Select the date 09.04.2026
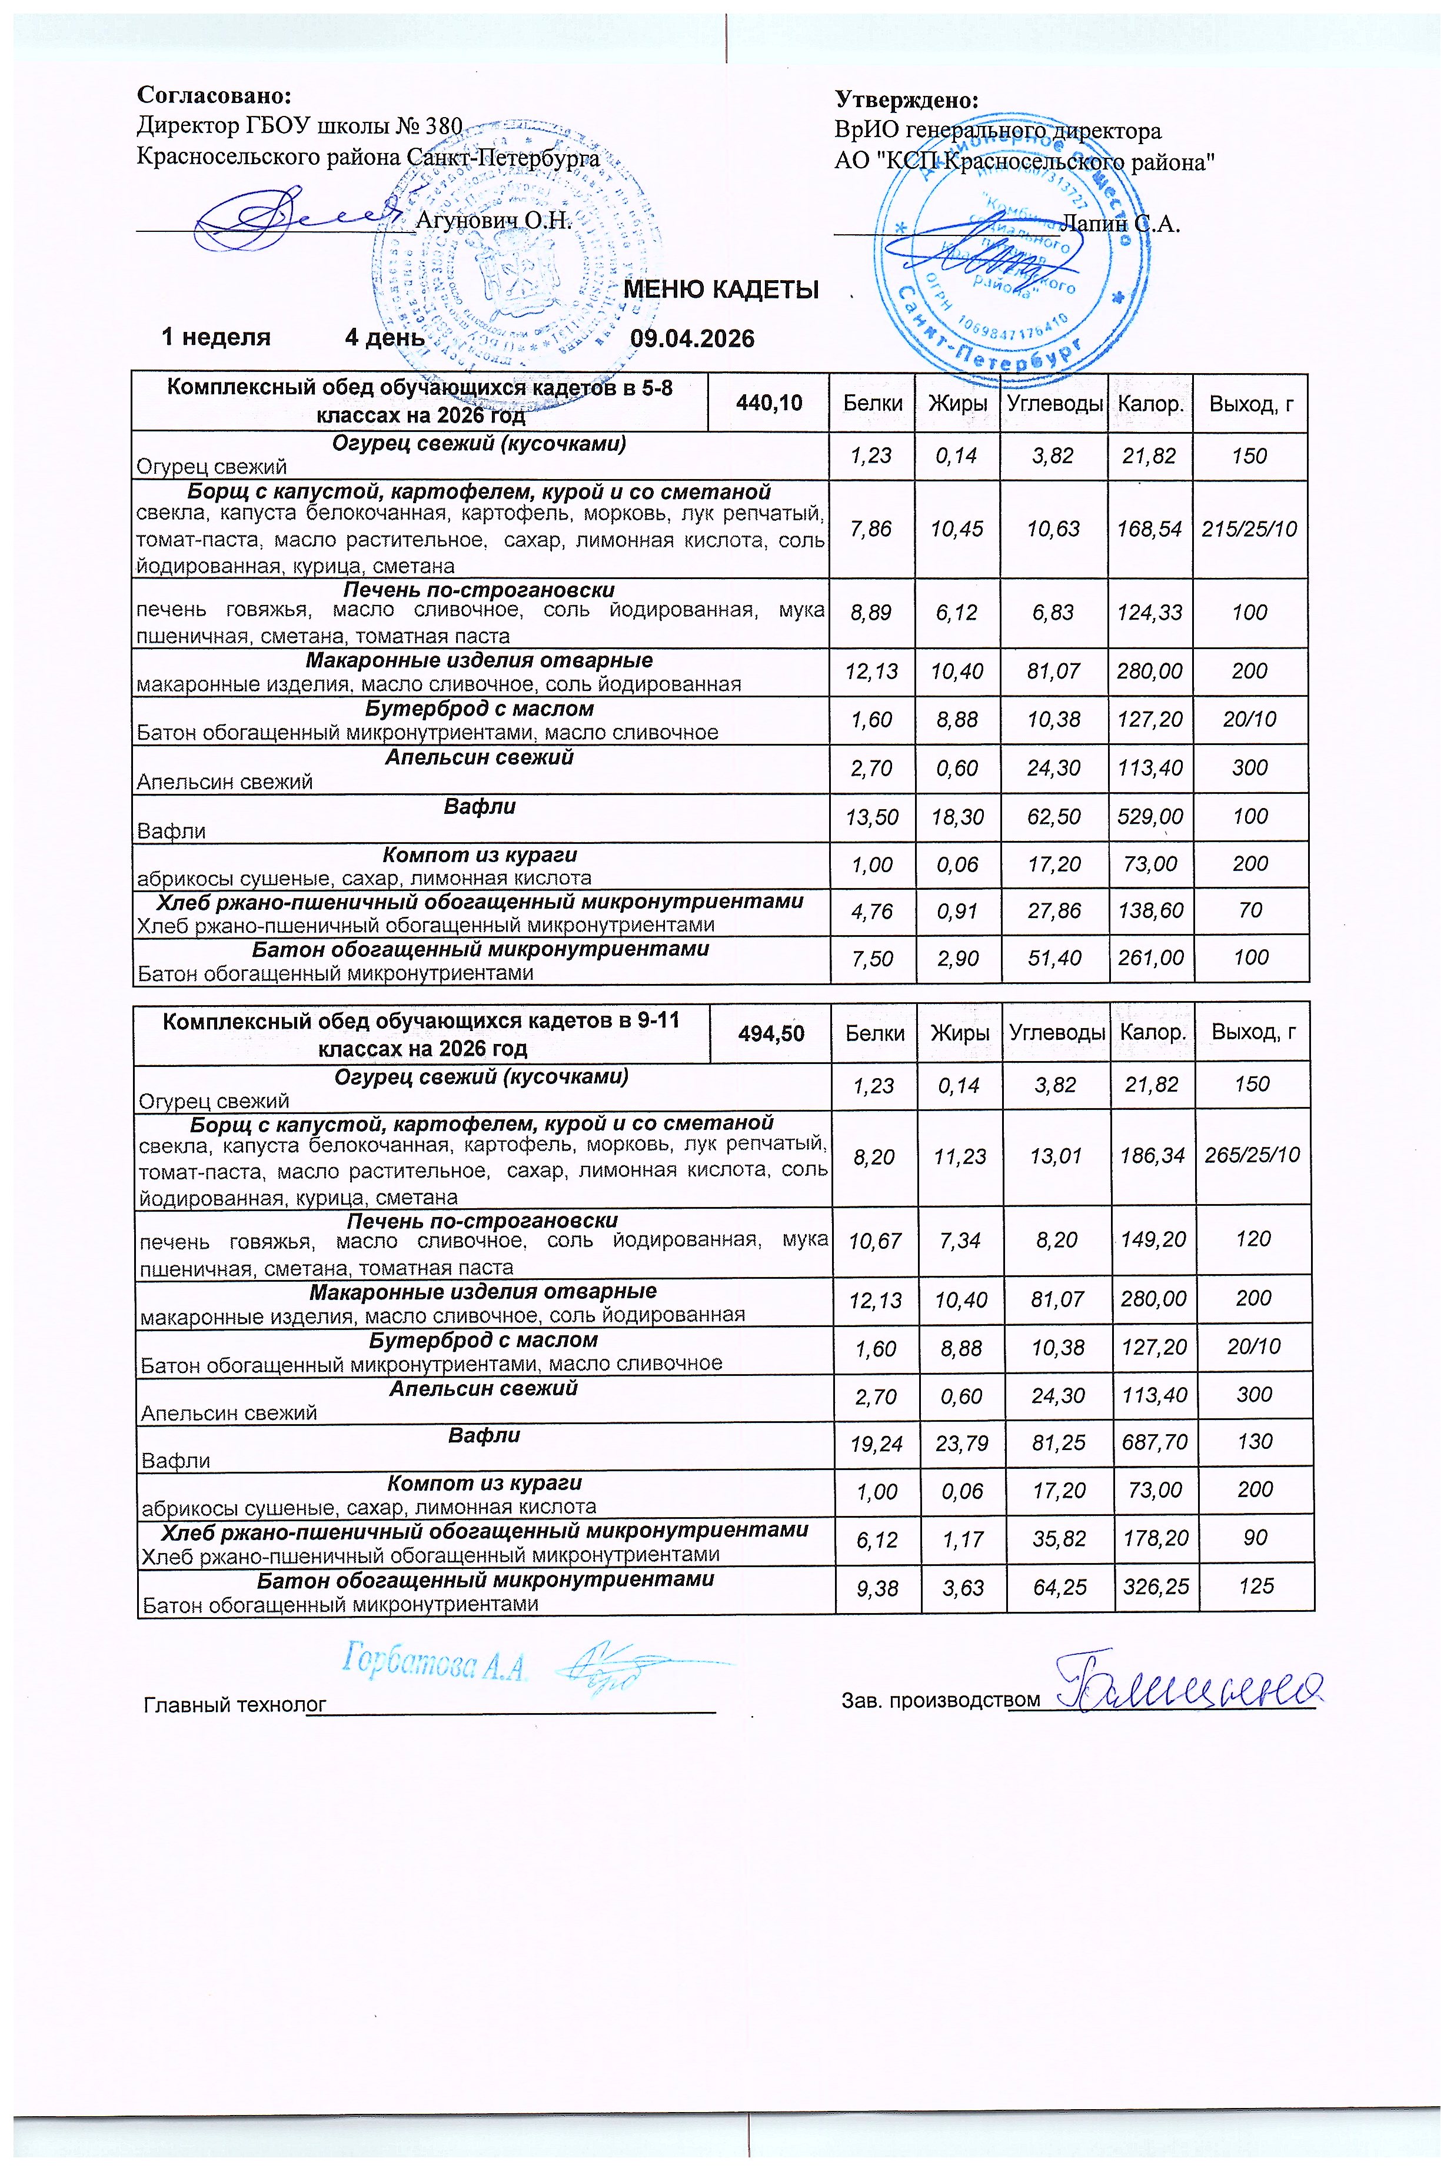click(692, 338)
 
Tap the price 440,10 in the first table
click(768, 403)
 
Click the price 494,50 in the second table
click(771, 1033)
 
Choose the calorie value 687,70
click(1153, 1442)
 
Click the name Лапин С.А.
click(1120, 224)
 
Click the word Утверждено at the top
click(907, 100)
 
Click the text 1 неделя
click(216, 337)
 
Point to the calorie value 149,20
click(1153, 1240)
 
